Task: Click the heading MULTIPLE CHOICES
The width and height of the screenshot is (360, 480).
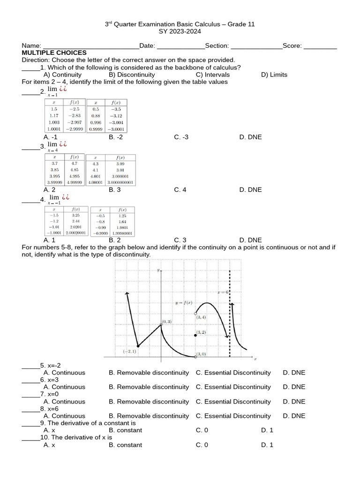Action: click(54, 52)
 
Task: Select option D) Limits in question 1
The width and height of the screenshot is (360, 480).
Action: click(274, 75)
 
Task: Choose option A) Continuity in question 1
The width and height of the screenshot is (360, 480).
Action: click(62, 75)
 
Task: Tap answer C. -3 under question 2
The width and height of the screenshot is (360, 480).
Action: click(181, 137)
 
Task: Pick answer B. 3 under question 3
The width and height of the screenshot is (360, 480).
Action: click(115, 189)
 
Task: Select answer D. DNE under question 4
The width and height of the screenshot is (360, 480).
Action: click(250, 240)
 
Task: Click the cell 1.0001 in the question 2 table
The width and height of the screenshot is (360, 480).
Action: click(53, 129)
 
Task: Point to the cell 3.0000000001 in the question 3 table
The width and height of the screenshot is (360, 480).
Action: click(120, 182)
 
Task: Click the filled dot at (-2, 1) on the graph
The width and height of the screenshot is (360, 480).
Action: click(138, 346)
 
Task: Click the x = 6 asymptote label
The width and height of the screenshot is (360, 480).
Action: click(223, 292)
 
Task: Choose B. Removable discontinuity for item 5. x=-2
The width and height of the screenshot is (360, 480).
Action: click(149, 373)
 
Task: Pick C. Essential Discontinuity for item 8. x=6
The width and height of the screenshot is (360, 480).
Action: click(233, 416)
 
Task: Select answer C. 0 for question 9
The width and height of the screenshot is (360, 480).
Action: click(202, 430)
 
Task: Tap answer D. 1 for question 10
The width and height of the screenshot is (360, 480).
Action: click(267, 445)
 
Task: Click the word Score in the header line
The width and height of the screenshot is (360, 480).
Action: click(292, 45)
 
